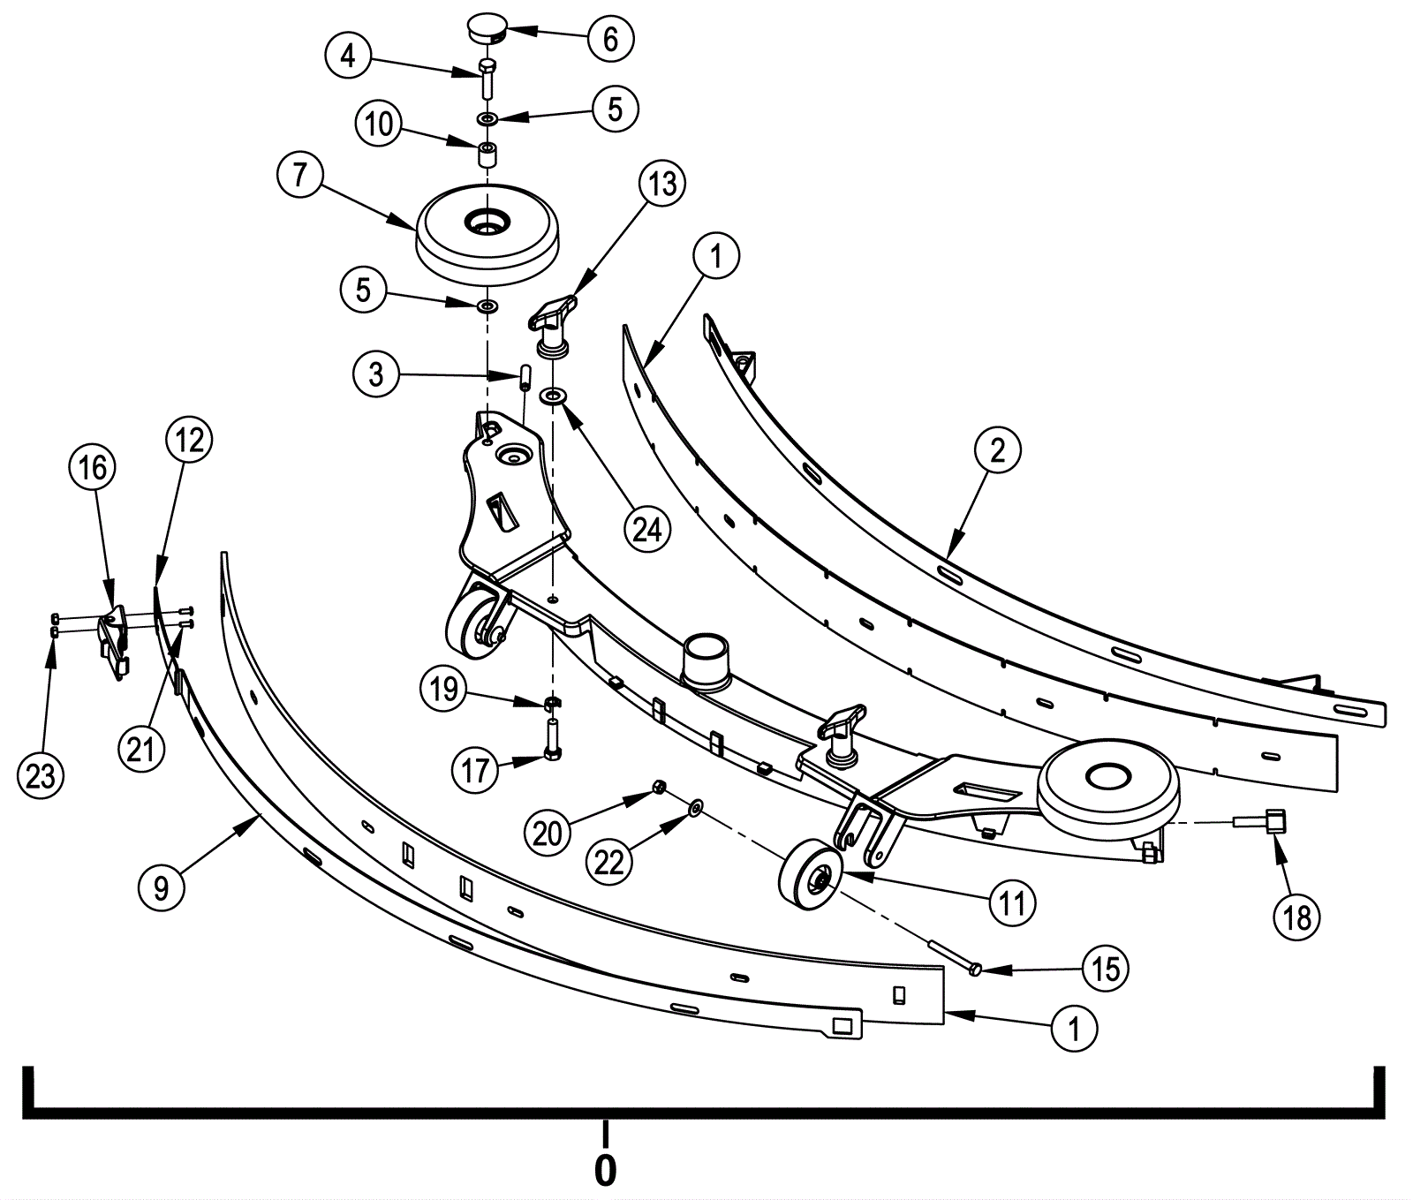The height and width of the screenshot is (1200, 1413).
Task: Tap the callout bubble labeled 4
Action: click(x=348, y=57)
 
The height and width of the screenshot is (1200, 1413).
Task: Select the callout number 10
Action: click(x=379, y=124)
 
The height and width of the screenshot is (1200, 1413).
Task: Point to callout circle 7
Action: click(x=301, y=176)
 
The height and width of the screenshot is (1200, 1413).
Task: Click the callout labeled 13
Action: click(x=662, y=184)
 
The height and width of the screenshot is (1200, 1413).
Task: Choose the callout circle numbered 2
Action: click(x=998, y=450)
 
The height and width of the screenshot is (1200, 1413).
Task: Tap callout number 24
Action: click(x=647, y=529)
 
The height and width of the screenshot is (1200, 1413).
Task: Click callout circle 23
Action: click(x=41, y=776)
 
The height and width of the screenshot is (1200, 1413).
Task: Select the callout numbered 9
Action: click(x=162, y=887)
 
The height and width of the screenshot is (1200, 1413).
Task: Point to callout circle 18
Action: click(x=1296, y=917)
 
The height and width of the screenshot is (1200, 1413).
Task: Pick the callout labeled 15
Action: click(x=1106, y=969)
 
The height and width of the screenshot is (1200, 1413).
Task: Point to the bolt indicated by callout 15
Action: click(x=954, y=956)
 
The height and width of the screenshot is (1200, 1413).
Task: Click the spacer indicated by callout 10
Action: click(x=487, y=155)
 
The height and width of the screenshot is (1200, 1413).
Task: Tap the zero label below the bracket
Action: click(x=605, y=1170)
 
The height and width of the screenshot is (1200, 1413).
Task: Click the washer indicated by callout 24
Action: click(x=555, y=392)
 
